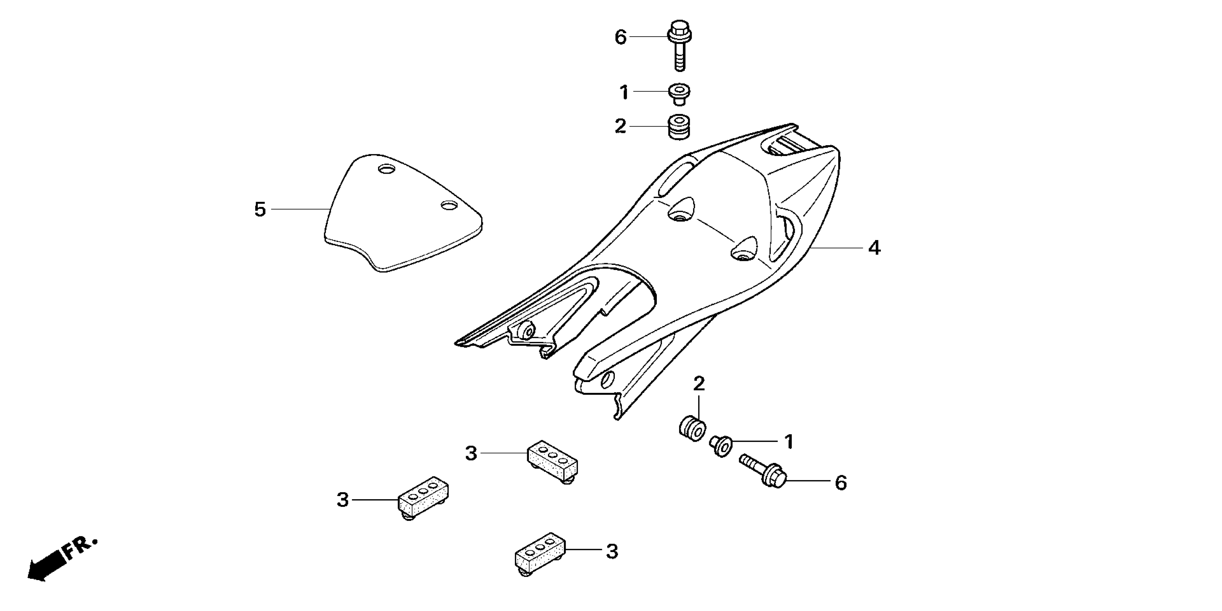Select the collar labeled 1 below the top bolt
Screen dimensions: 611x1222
click(679, 93)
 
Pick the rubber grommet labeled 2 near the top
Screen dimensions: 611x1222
click(679, 127)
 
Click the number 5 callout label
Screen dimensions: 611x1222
click(260, 210)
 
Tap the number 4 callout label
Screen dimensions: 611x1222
click(874, 248)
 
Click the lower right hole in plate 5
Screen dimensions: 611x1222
click(449, 206)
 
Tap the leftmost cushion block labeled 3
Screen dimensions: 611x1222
click(423, 497)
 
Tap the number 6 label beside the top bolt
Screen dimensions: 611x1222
click(621, 37)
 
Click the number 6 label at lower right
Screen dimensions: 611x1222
click(841, 483)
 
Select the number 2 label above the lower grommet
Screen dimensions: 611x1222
click(699, 384)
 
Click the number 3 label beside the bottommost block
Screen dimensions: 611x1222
click(612, 552)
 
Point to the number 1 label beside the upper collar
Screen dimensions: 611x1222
click(624, 93)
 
